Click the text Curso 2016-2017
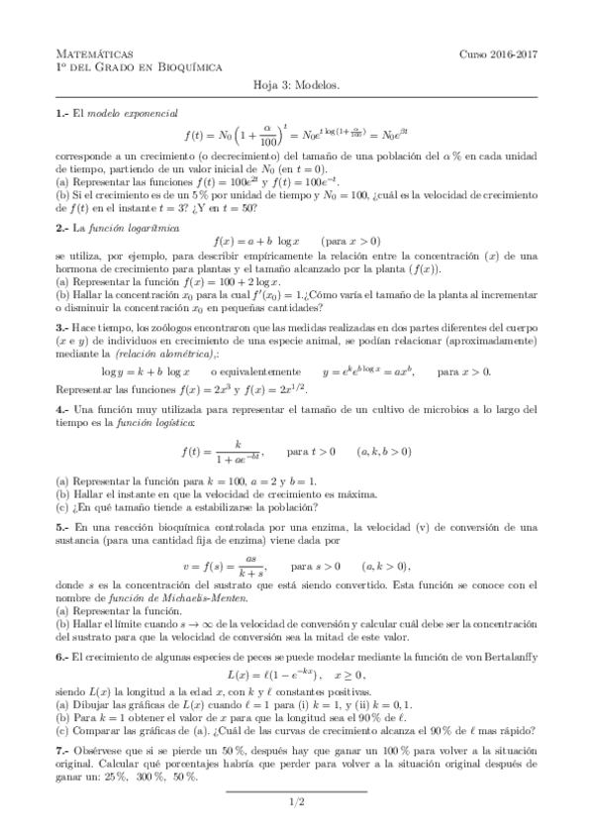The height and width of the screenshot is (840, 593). click(x=498, y=53)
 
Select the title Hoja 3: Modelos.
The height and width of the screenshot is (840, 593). click(x=296, y=85)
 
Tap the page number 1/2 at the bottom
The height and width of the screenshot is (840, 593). click(x=296, y=802)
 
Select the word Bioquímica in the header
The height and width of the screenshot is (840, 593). click(x=188, y=66)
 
